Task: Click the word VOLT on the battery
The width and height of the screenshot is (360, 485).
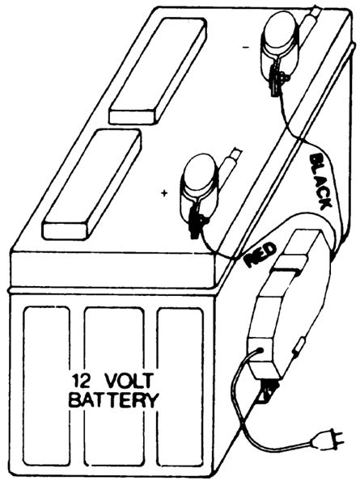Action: [129, 381]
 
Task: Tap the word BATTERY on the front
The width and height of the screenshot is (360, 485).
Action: [113, 399]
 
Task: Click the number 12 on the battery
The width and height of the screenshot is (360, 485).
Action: [81, 381]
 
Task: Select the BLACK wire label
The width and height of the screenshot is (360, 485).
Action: [320, 181]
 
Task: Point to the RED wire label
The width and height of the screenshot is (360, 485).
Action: [260, 255]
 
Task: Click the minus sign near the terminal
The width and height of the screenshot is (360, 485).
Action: [246, 47]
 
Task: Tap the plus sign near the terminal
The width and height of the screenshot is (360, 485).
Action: [165, 194]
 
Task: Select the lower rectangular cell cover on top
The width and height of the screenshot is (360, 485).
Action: [92, 184]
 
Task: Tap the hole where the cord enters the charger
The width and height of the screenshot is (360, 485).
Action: [260, 351]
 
